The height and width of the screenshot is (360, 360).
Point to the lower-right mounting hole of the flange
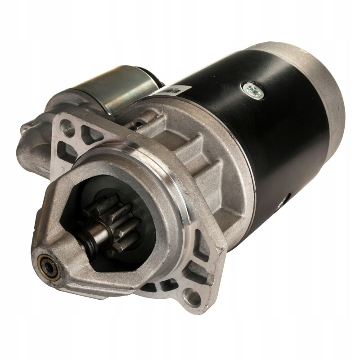tap(192, 297)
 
